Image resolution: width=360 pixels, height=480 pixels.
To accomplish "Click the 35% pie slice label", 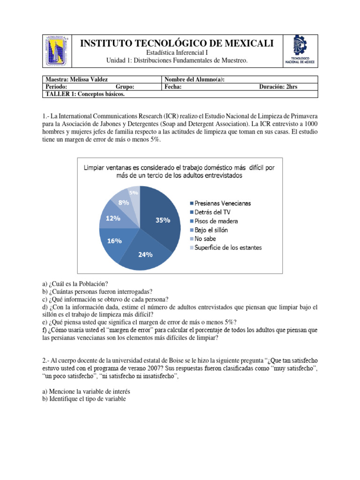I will [163, 220].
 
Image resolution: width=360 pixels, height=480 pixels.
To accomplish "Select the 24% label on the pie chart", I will [145, 255].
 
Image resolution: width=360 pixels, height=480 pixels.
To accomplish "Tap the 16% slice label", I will [114, 240].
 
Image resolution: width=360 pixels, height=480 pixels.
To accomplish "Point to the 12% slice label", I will [113, 218].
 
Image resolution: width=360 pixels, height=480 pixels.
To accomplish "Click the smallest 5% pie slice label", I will [134, 193].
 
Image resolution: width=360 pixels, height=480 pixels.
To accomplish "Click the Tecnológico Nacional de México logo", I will [300, 50].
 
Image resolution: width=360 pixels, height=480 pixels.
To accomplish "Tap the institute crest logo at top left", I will [58, 50].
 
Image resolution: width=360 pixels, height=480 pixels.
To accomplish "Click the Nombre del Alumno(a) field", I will [195, 80].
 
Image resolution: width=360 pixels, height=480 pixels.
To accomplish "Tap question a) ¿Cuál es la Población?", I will [75, 284].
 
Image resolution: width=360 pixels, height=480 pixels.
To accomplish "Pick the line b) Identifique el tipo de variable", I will [84, 399].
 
